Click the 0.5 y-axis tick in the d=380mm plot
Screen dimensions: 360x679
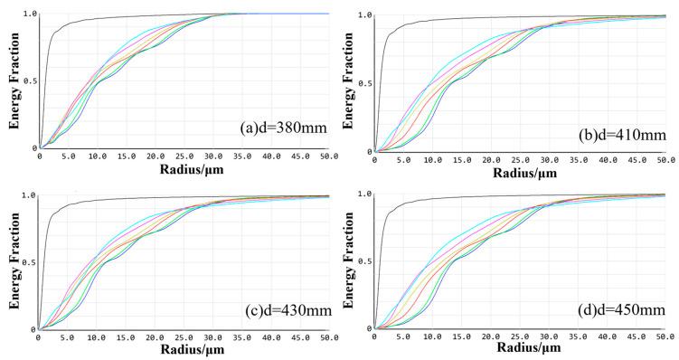32,81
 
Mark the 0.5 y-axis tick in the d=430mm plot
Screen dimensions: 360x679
32,262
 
